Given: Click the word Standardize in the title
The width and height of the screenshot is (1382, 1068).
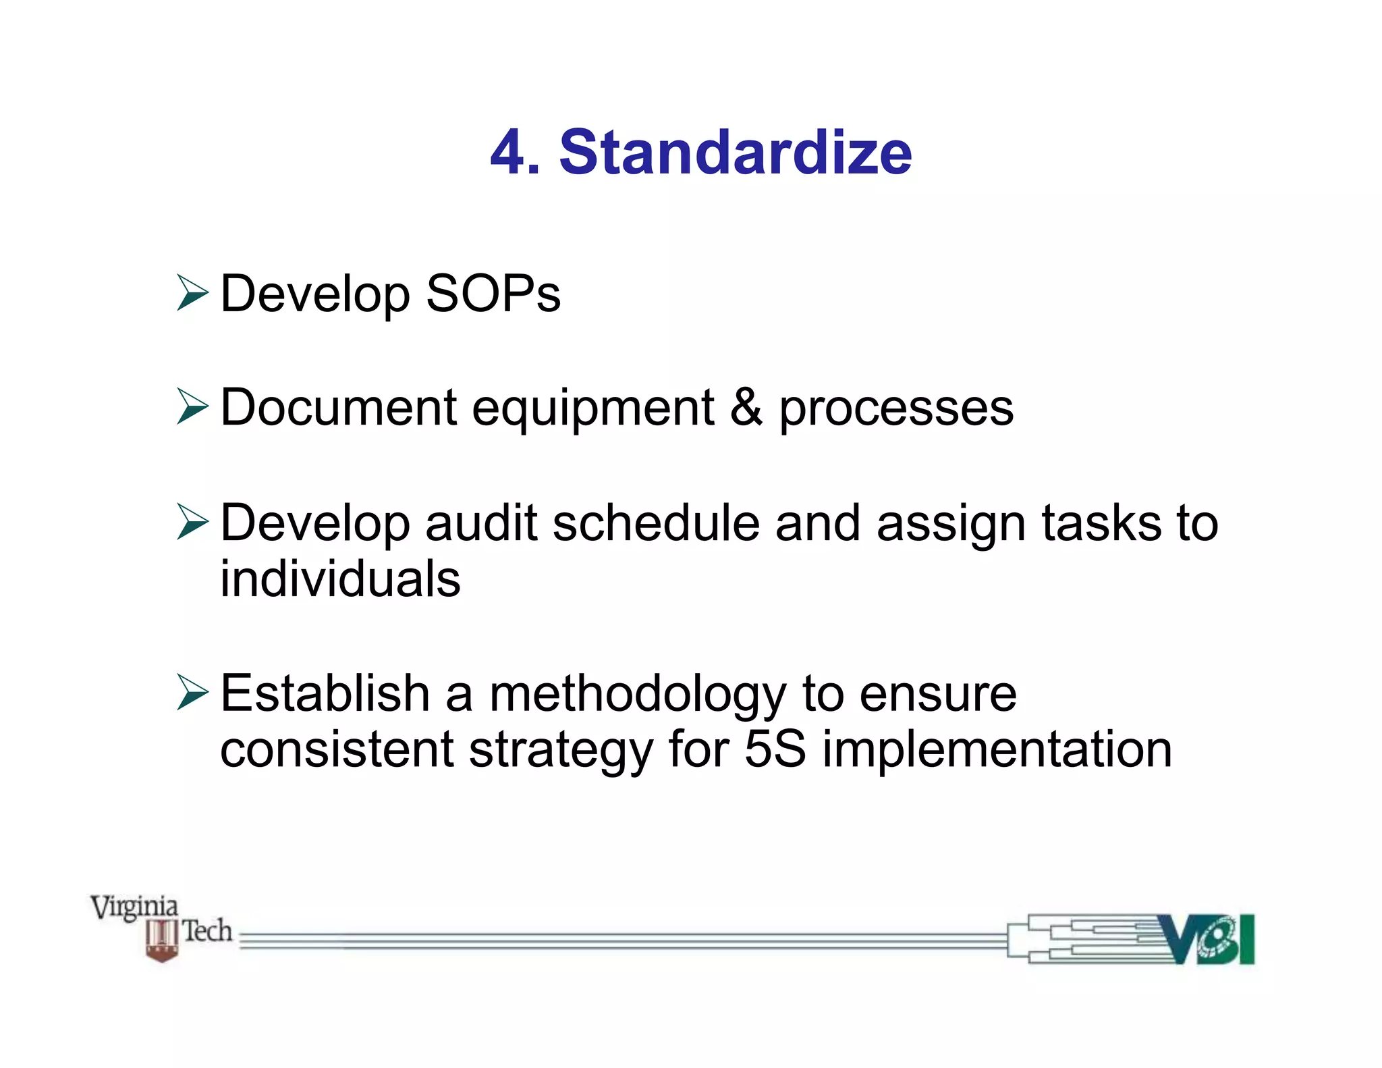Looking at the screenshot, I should (x=735, y=153).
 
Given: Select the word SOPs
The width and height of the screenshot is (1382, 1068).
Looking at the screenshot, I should (x=493, y=294).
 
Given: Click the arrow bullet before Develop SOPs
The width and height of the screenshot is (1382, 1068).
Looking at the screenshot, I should (x=192, y=293).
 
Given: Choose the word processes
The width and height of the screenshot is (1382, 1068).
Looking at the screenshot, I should (x=896, y=409).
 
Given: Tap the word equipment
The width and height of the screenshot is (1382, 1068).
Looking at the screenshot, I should (x=592, y=409).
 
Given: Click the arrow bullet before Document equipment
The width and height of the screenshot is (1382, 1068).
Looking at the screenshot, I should (x=192, y=406).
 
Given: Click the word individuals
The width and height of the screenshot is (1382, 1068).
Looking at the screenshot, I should (x=340, y=579).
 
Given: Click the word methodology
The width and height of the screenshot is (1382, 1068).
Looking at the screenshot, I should (x=638, y=695).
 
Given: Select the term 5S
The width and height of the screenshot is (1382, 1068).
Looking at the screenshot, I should (x=775, y=749).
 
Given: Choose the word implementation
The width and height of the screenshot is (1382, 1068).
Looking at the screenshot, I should (x=997, y=751).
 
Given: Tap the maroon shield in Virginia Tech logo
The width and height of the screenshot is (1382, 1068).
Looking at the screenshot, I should (x=162, y=940).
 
